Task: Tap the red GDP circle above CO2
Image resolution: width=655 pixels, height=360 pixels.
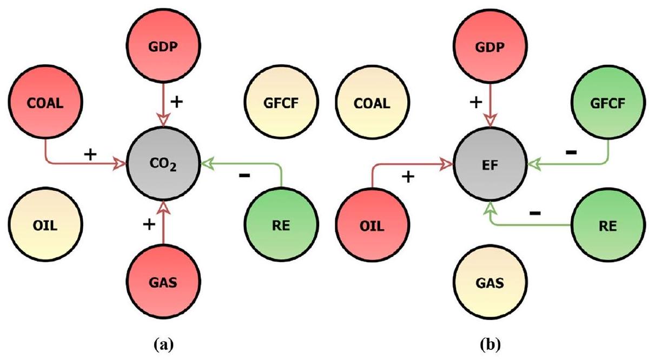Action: (x=163, y=46)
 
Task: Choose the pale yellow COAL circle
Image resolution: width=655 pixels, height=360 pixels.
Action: (x=372, y=103)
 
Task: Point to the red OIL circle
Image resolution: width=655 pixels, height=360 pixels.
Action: (x=372, y=225)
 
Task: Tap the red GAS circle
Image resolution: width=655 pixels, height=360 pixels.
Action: (x=163, y=281)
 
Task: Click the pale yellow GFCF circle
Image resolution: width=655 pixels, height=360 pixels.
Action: (x=280, y=103)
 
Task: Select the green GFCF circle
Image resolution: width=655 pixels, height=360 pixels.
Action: (x=608, y=103)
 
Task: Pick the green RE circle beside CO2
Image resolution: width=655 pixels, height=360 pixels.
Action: (x=280, y=225)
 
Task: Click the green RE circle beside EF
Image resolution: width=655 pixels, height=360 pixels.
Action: (x=608, y=225)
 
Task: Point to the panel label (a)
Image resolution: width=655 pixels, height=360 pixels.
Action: (x=163, y=343)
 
